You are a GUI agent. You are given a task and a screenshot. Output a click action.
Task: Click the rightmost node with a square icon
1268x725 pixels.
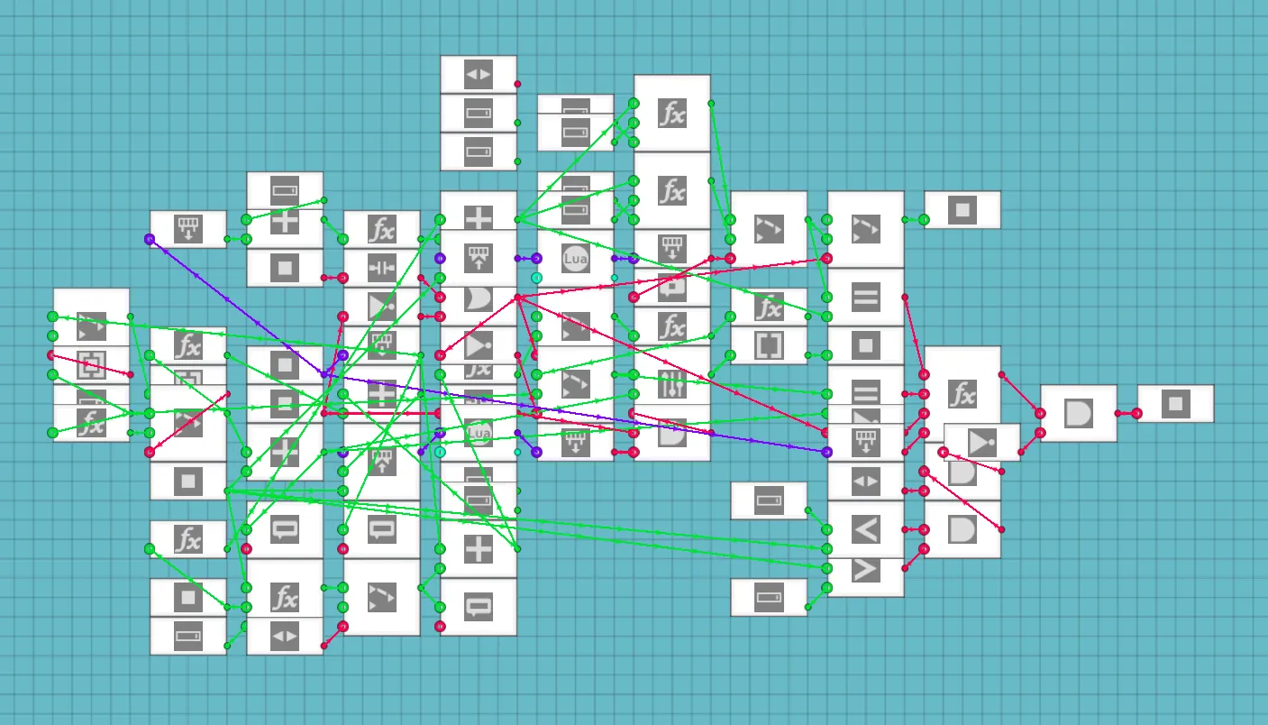pyautogui.click(x=1175, y=404)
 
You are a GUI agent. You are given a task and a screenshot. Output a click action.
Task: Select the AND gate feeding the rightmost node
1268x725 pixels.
pyautogui.click(x=1078, y=414)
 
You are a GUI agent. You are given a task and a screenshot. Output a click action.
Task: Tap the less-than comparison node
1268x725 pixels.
pyautogui.click(x=865, y=529)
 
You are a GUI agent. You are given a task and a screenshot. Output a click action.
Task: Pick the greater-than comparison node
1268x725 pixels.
pyautogui.click(x=865, y=570)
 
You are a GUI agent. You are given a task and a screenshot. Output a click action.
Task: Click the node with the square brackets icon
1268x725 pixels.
pyautogui.click(x=769, y=345)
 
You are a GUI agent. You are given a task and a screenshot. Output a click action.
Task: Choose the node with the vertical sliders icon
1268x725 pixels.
pyautogui.click(x=672, y=385)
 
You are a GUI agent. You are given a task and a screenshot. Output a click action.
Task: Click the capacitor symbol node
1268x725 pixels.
pyautogui.click(x=382, y=268)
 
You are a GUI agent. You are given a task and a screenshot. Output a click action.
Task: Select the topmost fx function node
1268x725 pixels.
pyautogui.click(x=672, y=114)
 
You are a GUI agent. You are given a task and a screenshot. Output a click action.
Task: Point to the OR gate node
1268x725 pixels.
pyautogui.click(x=479, y=300)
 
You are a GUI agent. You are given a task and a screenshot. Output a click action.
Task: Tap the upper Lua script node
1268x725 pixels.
pyautogui.click(x=575, y=259)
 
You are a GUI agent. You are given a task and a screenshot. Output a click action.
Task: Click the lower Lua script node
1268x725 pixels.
pyautogui.click(x=479, y=434)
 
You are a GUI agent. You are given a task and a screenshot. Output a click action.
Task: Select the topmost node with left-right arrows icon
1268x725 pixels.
pyautogui.click(x=479, y=74)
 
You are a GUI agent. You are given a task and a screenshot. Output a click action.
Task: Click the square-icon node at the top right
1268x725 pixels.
pyautogui.click(x=962, y=210)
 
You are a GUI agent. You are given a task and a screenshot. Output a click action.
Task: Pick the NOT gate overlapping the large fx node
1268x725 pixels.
pyautogui.click(x=982, y=443)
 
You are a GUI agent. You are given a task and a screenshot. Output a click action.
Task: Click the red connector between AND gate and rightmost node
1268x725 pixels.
pyautogui.click(x=1127, y=414)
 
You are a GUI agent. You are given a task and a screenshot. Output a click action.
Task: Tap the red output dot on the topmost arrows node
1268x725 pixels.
pyautogui.click(x=517, y=84)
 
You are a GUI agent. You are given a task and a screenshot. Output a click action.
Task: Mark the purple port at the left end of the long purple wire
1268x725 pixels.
pyautogui.click(x=150, y=239)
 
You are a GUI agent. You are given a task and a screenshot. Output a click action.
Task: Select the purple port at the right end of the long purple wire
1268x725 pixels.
pyautogui.click(x=826, y=451)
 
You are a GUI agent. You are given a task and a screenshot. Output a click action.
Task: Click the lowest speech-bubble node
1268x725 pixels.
pyautogui.click(x=479, y=607)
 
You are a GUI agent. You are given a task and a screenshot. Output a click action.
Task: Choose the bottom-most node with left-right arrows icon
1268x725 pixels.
pyautogui.click(x=285, y=636)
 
